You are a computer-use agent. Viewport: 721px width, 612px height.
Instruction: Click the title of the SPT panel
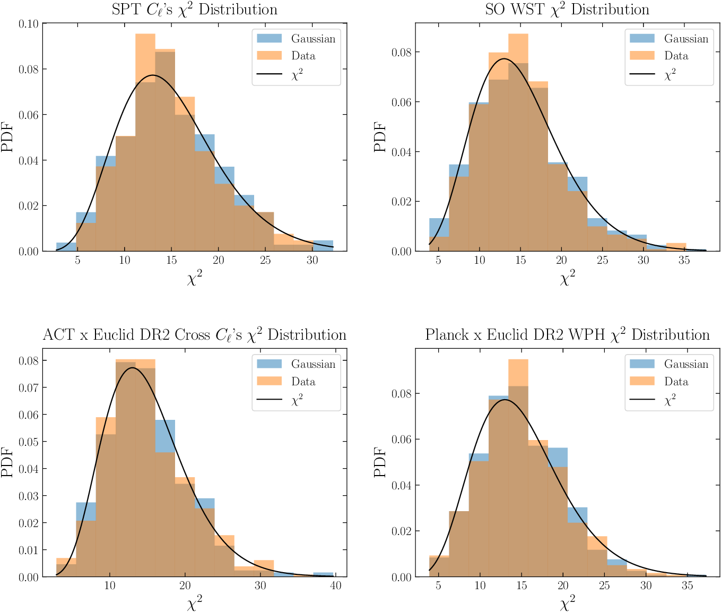tap(194, 10)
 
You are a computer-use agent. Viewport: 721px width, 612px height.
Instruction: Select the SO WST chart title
tap(567, 10)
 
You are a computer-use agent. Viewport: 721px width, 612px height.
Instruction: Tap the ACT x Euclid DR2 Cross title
tap(194, 335)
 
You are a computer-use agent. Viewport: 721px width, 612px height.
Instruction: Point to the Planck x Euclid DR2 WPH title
tap(567, 335)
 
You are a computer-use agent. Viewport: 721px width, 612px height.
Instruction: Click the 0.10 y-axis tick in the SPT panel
tap(28, 24)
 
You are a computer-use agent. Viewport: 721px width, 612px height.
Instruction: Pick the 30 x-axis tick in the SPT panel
tap(312, 260)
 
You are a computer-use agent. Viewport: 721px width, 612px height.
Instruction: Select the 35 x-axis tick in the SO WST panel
tap(684, 260)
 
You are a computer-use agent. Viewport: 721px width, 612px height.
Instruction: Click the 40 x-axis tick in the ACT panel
tap(336, 585)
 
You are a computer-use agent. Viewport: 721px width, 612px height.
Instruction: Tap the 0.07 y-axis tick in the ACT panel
tap(28, 387)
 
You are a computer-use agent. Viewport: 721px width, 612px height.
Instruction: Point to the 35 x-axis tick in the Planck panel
tap(687, 585)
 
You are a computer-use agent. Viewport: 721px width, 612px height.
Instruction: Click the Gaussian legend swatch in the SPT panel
tap(269, 38)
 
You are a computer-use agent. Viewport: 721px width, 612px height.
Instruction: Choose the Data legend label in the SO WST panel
tap(676, 56)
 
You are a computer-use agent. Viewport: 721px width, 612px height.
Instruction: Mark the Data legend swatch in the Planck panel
tap(642, 381)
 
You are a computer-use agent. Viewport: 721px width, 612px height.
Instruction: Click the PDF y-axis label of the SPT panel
tap(7, 137)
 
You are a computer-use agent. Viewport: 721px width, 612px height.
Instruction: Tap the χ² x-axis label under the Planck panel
tap(567, 604)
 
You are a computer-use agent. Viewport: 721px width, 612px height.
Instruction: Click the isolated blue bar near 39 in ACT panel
tap(323, 574)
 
